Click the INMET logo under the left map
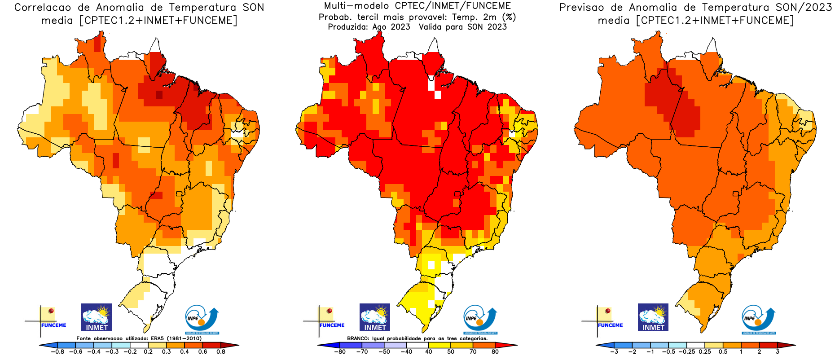click(x=96, y=317)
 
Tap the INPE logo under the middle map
click(x=480, y=320)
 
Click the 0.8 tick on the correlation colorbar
click(x=220, y=351)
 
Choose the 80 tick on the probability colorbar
click(x=495, y=351)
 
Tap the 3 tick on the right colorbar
click(x=778, y=351)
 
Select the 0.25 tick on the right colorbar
click(x=705, y=351)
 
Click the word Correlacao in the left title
click(x=43, y=8)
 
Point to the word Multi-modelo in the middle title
click(x=357, y=6)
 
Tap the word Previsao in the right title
click(x=581, y=8)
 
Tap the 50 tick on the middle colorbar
click(x=451, y=351)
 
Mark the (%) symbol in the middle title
click(x=509, y=17)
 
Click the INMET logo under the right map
click(x=653, y=317)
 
